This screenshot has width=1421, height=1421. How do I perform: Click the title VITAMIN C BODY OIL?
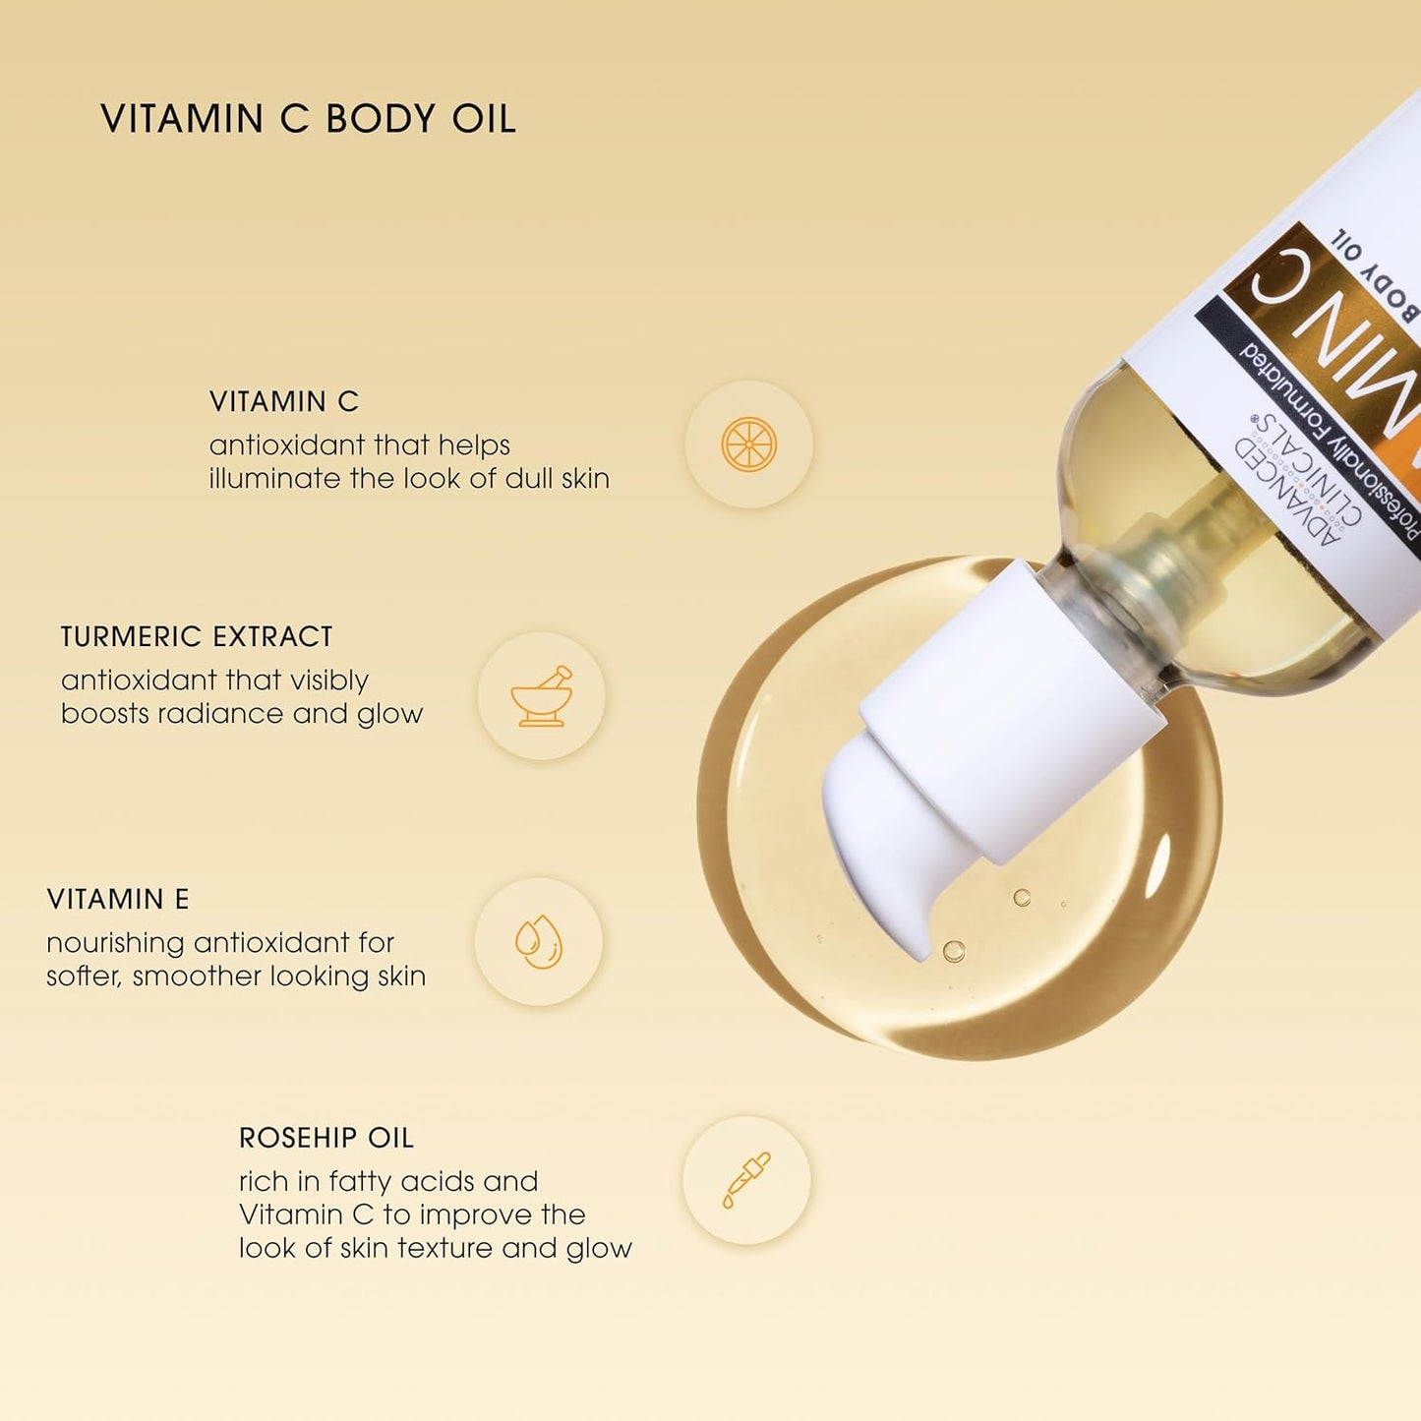[308, 119]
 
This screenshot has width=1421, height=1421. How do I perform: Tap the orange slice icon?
[748, 444]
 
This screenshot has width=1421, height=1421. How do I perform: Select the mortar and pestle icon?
[541, 696]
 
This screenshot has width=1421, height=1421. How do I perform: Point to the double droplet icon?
[539, 941]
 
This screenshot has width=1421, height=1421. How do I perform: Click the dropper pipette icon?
[746, 1179]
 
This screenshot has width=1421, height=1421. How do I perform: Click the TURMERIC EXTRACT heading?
[197, 637]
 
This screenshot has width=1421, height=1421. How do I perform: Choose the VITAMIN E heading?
[118, 899]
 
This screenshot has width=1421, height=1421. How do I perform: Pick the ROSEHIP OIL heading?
[326, 1138]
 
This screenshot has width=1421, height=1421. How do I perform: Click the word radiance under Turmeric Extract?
[213, 713]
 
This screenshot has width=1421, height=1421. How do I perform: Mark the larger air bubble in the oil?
[953, 951]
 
